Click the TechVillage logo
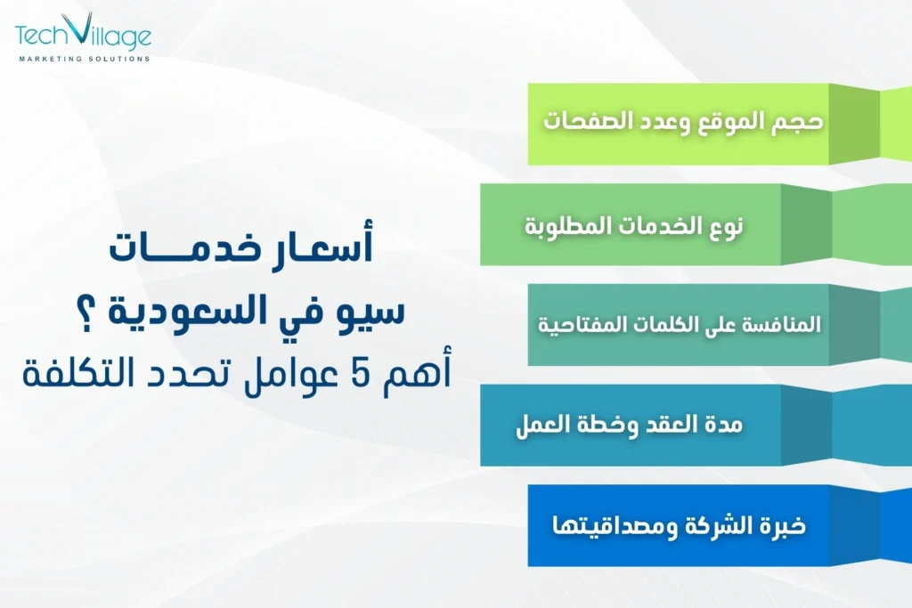click(83, 36)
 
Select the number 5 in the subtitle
click(354, 374)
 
